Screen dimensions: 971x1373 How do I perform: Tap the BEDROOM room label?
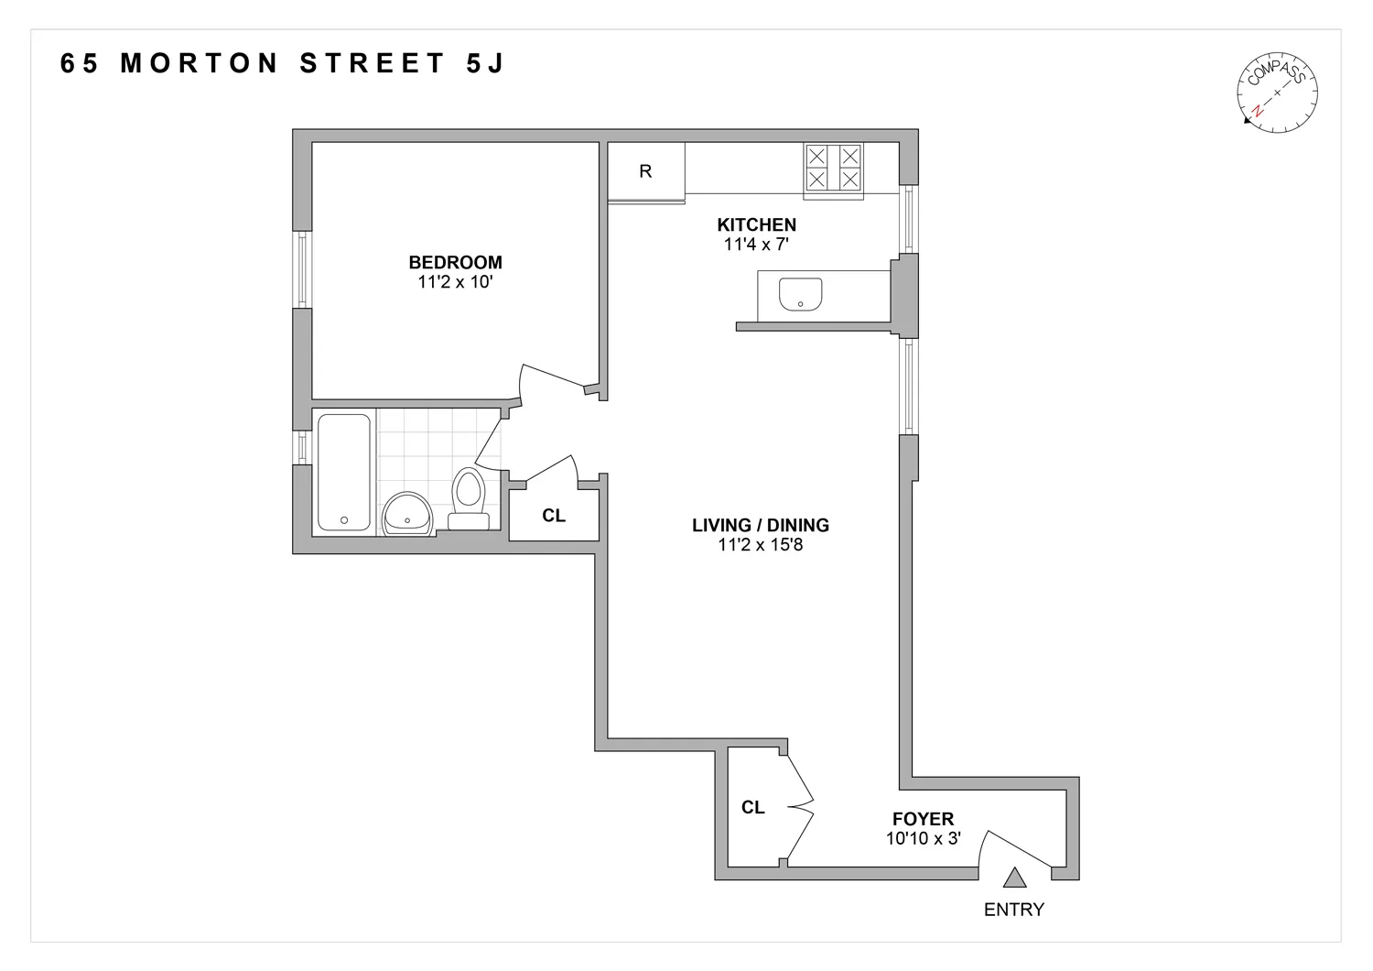click(x=455, y=263)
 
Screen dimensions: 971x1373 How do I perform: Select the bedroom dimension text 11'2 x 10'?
click(x=455, y=283)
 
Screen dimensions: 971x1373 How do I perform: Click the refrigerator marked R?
click(x=646, y=171)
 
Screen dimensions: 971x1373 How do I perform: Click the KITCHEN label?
click(x=756, y=224)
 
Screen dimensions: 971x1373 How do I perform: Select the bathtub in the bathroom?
click(x=344, y=472)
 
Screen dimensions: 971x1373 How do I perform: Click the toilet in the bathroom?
click(x=468, y=499)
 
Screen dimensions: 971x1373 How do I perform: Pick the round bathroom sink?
click(x=407, y=513)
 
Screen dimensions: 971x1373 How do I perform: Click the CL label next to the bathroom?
click(x=554, y=516)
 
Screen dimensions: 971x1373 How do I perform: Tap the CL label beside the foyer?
click(x=753, y=807)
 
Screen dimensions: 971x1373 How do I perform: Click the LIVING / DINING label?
click(x=761, y=525)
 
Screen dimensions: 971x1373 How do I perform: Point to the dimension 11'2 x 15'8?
click(x=761, y=546)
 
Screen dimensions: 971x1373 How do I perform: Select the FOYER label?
click(x=923, y=819)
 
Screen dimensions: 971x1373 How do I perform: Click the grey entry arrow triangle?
click(x=1013, y=878)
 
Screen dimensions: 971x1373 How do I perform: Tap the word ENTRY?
click(x=1013, y=910)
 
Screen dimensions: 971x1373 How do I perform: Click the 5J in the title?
click(x=480, y=64)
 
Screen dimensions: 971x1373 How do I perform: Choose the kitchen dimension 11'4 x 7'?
click(x=756, y=245)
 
